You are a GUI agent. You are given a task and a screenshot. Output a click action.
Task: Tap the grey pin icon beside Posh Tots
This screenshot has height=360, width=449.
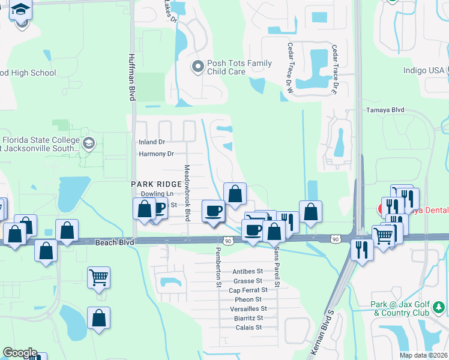click(x=197, y=67)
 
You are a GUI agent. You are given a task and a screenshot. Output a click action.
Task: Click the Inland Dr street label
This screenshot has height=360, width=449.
click(x=151, y=142)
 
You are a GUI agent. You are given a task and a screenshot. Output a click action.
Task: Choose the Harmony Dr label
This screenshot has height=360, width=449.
click(x=156, y=154)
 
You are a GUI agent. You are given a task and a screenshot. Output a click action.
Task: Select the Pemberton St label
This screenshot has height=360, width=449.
click(x=219, y=267)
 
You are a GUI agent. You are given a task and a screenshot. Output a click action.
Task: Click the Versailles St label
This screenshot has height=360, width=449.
click(x=248, y=308)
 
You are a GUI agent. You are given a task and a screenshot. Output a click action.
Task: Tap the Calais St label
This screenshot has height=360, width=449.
click(x=250, y=327)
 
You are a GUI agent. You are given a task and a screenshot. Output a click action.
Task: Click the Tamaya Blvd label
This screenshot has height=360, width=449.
click(x=385, y=110)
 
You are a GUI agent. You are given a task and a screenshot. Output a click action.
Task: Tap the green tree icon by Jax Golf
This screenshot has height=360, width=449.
click(x=439, y=308)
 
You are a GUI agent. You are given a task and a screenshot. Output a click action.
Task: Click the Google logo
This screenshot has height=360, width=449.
click(x=20, y=353)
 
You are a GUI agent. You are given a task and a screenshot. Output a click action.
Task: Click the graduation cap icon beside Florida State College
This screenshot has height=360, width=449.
click(x=89, y=143)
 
